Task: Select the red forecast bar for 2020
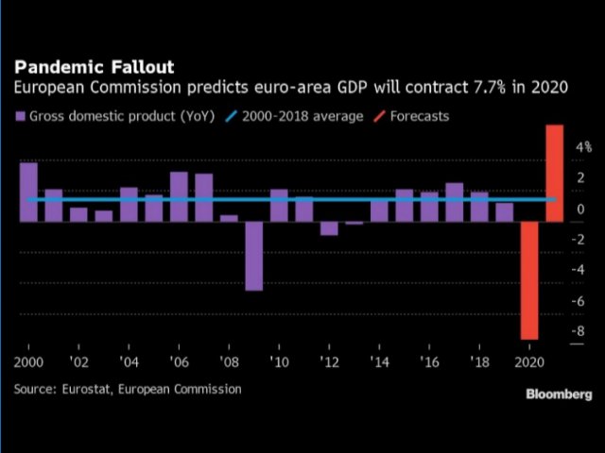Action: click(x=530, y=279)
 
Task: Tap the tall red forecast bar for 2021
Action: click(x=555, y=173)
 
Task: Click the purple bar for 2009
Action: click(x=254, y=255)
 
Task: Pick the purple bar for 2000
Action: click(x=28, y=193)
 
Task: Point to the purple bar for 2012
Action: click(x=329, y=227)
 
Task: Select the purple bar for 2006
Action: click(x=179, y=196)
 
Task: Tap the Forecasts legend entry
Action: click(x=414, y=117)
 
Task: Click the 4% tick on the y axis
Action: click(x=582, y=147)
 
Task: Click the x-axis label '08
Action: click(x=229, y=362)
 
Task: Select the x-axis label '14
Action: click(x=379, y=362)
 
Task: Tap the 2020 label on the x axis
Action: click(x=530, y=362)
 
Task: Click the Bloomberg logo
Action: click(x=559, y=394)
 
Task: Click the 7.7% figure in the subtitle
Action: click(x=433, y=88)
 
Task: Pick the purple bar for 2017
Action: click(x=455, y=201)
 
